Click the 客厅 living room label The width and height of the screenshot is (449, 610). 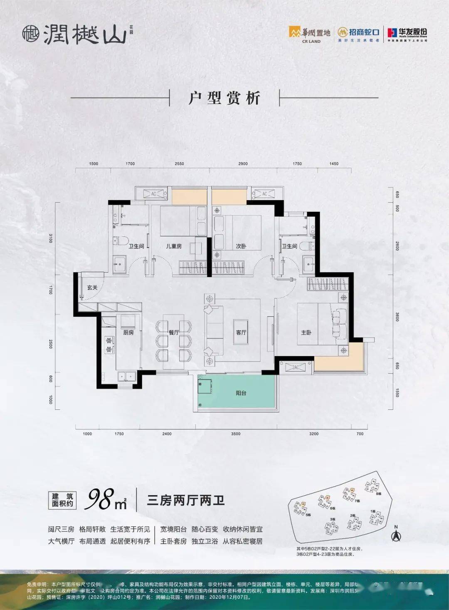pos(241,332)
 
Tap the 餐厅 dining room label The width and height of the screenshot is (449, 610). pos(173,332)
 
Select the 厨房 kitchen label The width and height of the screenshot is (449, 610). pos(128,332)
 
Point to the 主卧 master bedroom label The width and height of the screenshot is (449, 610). pos(306,332)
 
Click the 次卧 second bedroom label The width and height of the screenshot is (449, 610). pos(241,246)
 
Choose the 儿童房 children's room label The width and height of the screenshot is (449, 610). pos(174,246)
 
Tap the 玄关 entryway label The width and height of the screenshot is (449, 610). pos(92,288)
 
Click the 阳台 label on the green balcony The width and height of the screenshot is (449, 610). pos(241,393)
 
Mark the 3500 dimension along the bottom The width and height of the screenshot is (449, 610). pos(236,434)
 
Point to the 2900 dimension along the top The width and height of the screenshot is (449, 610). pos(243,164)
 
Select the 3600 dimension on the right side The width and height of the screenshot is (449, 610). pos(397,317)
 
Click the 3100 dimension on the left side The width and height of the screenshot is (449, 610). pos(51,238)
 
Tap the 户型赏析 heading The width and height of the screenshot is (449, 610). pos(224,98)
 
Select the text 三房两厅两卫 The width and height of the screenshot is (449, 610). pos(186,500)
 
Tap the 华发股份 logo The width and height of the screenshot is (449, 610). pos(407,33)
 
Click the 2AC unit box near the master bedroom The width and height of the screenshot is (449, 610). pos(296,367)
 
